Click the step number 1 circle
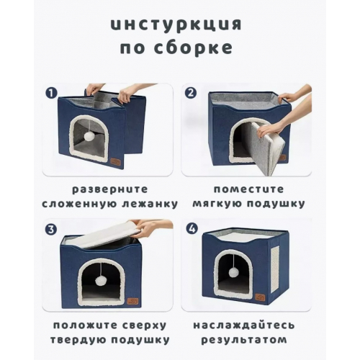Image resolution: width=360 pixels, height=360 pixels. coord(51,93)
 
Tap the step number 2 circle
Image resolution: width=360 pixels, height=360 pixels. coord(191,93)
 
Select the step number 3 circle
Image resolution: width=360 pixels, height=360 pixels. coord(51,230)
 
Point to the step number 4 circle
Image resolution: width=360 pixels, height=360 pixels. coord(191,230)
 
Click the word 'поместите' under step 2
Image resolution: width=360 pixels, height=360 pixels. coord(246,189)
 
